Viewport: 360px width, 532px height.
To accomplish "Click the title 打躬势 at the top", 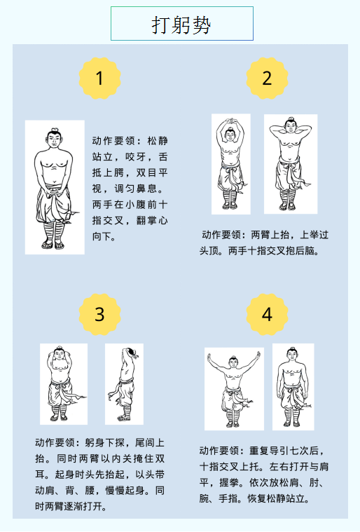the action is click(181, 25).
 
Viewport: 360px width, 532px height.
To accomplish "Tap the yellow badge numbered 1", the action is click(99, 78).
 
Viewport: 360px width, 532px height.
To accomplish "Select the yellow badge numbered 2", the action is click(267, 78).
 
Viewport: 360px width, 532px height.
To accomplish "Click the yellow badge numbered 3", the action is click(99, 314).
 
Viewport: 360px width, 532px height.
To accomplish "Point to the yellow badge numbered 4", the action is click(267, 314).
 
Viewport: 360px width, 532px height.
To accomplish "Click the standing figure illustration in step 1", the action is click(55, 187).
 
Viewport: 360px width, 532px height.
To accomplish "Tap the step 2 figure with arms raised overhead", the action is click(231, 164).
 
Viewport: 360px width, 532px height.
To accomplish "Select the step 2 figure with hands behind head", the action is click(291, 164).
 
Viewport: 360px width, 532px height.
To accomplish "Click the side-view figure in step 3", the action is click(124, 383).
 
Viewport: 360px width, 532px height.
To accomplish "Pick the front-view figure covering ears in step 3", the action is click(64, 383).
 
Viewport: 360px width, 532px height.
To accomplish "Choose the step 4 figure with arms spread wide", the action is click(234, 389).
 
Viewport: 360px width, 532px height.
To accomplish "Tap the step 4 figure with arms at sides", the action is click(293, 387).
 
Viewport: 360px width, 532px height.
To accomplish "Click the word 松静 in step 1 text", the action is click(158, 141).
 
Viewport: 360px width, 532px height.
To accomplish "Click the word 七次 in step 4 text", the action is click(298, 451).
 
